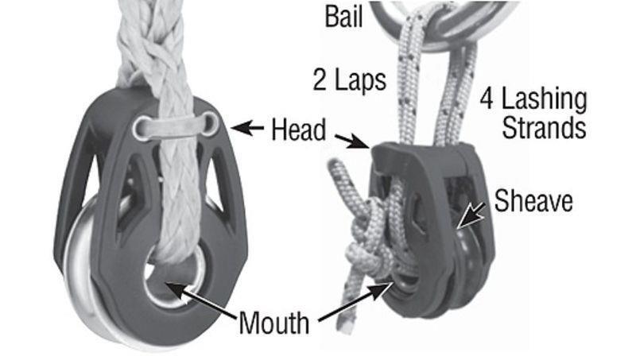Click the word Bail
click(x=344, y=16)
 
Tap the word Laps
click(x=360, y=79)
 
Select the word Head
click(x=299, y=130)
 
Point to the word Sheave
click(x=533, y=200)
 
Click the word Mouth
click(x=274, y=323)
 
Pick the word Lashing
click(x=545, y=99)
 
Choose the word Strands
click(x=544, y=127)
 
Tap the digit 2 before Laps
click(x=320, y=79)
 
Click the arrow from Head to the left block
click(x=247, y=128)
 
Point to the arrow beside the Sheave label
click(x=471, y=215)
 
